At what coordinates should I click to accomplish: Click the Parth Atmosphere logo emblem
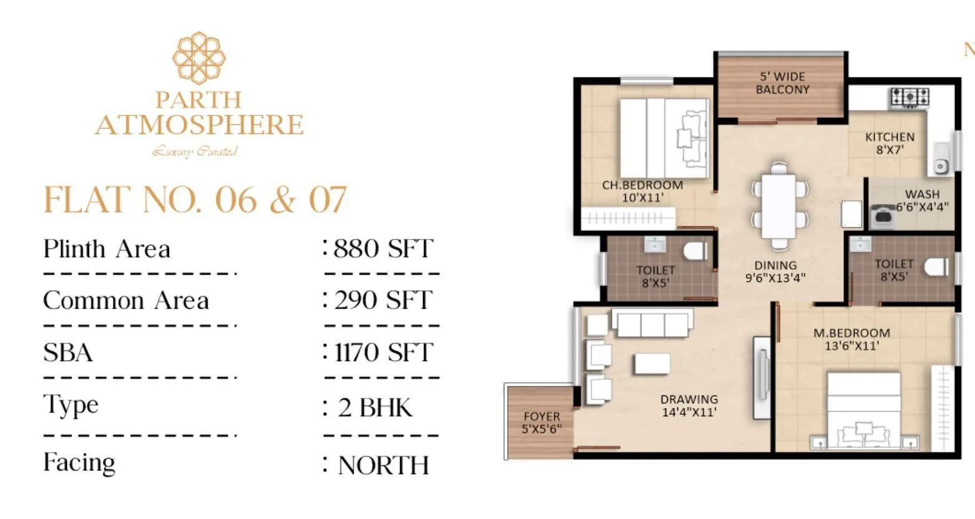(199, 58)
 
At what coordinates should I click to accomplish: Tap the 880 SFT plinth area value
(382, 249)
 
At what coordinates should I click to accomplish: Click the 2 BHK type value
(375, 407)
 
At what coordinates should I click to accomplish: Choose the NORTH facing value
(383, 465)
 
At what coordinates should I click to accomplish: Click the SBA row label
(68, 352)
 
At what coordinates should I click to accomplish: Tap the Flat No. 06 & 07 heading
(195, 200)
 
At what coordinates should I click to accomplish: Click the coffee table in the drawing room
(652, 364)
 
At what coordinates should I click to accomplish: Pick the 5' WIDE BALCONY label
(782, 83)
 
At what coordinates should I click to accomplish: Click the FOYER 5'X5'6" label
(541, 422)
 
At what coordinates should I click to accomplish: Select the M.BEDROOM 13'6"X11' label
(851, 339)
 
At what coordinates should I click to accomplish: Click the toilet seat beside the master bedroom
(934, 267)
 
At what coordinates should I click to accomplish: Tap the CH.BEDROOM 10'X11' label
(643, 192)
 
